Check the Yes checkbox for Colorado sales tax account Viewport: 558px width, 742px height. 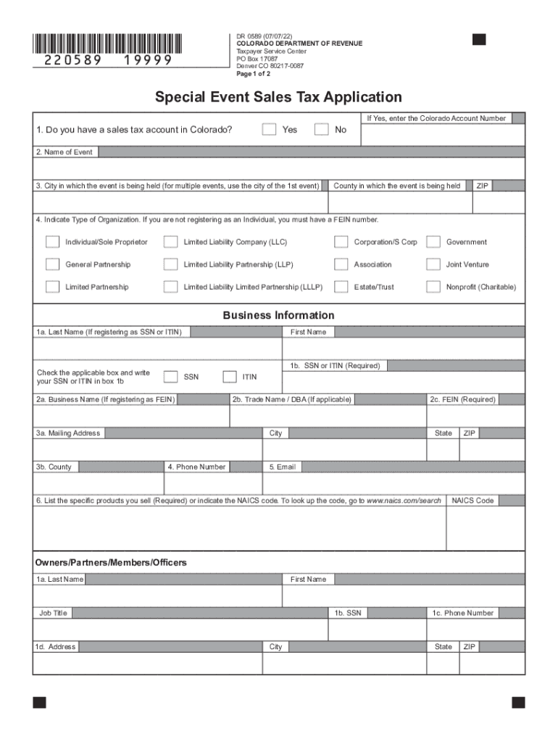point(269,130)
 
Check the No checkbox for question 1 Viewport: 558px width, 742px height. point(321,130)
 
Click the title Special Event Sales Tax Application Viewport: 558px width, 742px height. point(278,97)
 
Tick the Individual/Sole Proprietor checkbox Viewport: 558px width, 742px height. point(52,242)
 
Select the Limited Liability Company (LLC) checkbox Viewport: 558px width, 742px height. point(170,242)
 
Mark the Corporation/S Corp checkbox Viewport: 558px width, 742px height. point(341,242)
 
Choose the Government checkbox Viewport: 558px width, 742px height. point(433,242)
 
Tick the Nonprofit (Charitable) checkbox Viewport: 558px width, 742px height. point(433,287)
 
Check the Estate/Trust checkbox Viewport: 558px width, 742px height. point(341,287)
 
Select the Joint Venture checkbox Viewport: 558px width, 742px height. point(433,264)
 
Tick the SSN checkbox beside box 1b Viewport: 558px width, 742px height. point(170,377)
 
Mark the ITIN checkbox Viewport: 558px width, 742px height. point(229,377)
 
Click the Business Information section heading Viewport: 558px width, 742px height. point(278,315)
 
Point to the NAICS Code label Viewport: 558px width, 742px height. point(472,501)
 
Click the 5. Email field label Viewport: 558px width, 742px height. point(282,467)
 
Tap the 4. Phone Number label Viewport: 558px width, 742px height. point(196,467)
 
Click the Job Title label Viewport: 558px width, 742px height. point(53,613)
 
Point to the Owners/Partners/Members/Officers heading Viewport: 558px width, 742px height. point(111,563)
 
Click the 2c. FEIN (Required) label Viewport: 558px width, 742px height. point(462,400)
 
